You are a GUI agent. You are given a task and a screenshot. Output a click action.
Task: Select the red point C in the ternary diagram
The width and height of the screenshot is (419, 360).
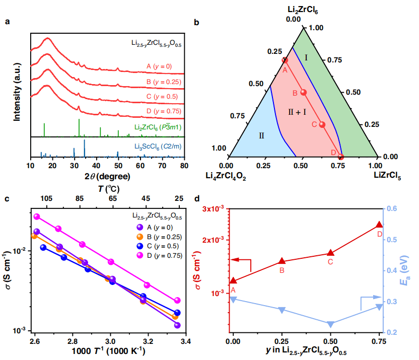click(322, 124)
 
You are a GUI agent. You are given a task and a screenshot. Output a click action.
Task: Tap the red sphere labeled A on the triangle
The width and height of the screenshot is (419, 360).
click(285, 60)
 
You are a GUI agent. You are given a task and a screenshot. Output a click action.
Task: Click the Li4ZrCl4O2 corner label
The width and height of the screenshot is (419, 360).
click(232, 175)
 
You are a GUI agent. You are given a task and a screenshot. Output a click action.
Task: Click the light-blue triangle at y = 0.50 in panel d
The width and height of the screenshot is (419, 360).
click(330, 324)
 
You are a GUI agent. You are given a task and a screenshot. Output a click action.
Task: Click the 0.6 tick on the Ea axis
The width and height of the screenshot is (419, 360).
click(393, 208)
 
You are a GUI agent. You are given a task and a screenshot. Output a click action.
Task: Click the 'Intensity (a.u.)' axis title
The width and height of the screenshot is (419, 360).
click(17, 88)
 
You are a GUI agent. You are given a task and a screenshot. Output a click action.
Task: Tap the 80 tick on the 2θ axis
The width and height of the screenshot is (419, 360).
click(185, 166)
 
